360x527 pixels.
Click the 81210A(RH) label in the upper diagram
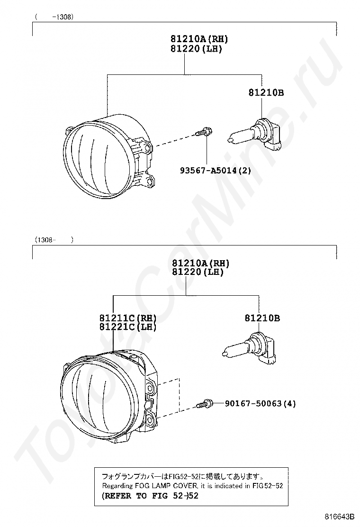pos(199,39)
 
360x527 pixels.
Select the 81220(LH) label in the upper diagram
pos(196,49)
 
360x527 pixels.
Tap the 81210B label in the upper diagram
pos(266,92)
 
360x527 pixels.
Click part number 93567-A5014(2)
pos(215,171)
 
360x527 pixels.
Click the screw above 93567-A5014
pos(204,132)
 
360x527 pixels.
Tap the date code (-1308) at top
pos(54,17)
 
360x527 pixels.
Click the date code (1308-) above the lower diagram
pos(54,240)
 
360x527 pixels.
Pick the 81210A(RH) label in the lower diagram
pos(200,263)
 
